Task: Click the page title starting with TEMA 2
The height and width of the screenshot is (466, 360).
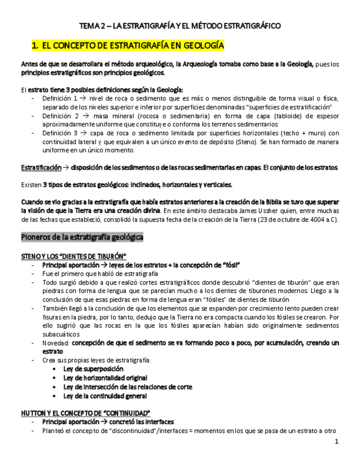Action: [180, 26]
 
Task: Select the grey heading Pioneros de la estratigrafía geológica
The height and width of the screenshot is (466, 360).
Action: [82, 237]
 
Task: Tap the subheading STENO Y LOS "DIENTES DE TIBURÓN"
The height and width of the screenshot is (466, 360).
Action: [74, 256]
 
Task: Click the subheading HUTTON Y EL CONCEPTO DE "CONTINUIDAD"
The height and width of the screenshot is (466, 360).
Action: [85, 413]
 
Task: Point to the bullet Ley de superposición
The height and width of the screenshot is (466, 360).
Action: [93, 369]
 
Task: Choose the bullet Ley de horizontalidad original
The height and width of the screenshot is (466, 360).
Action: [105, 378]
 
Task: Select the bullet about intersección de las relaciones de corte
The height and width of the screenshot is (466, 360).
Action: [128, 387]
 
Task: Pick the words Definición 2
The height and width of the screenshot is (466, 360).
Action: [58, 116]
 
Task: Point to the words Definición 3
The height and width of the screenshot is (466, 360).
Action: [58, 134]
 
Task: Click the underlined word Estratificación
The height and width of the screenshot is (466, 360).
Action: [40, 167]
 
